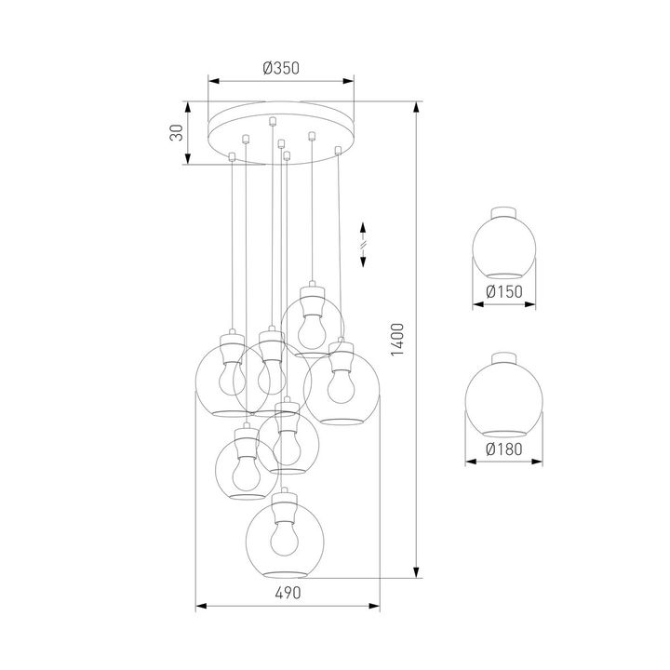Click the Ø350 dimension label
click(x=280, y=68)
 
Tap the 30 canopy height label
click(x=175, y=133)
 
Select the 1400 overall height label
click(x=397, y=341)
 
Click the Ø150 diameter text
click(x=504, y=292)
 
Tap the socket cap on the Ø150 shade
click(x=504, y=211)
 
